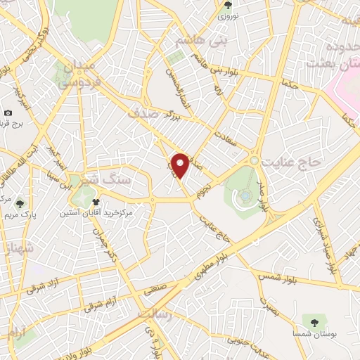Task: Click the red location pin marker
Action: click(x=181, y=165)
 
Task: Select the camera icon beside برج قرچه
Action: click(x=8, y=112)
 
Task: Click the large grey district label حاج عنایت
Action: click(x=291, y=162)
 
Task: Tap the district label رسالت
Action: click(x=155, y=314)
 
